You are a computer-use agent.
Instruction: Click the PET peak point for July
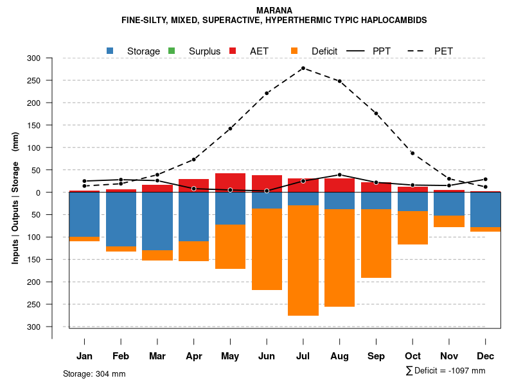[x=303, y=68]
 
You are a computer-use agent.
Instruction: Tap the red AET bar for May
[x=230, y=182]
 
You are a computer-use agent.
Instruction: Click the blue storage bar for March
[x=157, y=221]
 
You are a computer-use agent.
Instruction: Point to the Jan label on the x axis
[x=85, y=356]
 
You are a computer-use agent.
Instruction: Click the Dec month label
[x=486, y=356]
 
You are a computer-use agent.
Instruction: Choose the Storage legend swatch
[x=111, y=51]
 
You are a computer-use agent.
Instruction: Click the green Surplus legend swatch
[x=172, y=51]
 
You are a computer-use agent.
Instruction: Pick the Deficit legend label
[x=324, y=51]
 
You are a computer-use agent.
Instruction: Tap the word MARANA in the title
[x=274, y=10]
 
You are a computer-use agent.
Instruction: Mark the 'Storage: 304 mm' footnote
[x=94, y=373]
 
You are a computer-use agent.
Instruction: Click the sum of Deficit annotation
[x=445, y=370]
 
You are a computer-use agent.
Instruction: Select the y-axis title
[x=15, y=198]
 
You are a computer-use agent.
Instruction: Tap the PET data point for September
[x=376, y=114]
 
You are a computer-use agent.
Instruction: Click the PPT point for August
[x=339, y=175]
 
